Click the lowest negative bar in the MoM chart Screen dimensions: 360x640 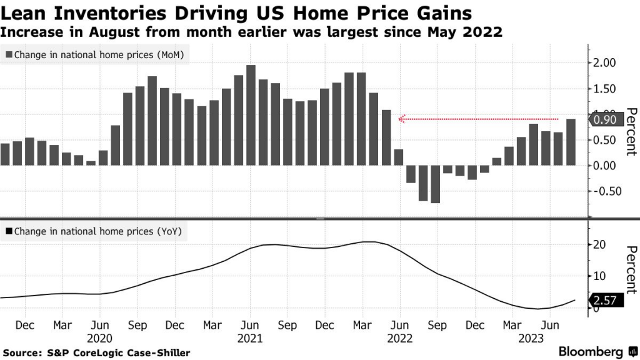[x=435, y=184]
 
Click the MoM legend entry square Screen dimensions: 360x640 [x=8, y=55]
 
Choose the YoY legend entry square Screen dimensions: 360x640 [x=8, y=231]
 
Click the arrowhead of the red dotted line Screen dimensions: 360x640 [x=403, y=118]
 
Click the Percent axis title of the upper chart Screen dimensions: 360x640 [x=631, y=131]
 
